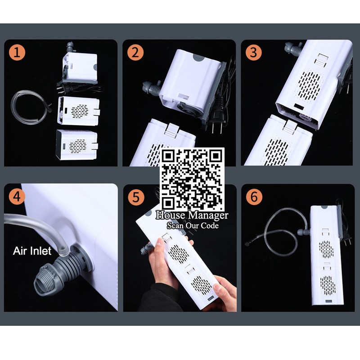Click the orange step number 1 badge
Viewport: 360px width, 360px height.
coord(17,52)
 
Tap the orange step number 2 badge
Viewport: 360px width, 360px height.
coord(135,52)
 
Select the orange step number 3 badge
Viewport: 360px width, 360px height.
coord(253,52)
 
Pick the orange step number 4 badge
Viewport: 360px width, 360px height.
coord(17,197)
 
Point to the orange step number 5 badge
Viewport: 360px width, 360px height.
coord(136,197)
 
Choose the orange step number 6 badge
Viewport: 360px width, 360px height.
coord(254,197)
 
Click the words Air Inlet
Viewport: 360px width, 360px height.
coord(32,251)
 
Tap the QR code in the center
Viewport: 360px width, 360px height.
coord(192,179)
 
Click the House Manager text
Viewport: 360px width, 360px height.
coord(192,216)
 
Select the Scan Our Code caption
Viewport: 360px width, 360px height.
coord(193,225)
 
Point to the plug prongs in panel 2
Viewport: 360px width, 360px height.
coord(217,129)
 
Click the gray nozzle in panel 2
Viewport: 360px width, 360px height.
coord(152,87)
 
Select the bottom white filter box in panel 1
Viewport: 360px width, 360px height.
coord(77,144)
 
